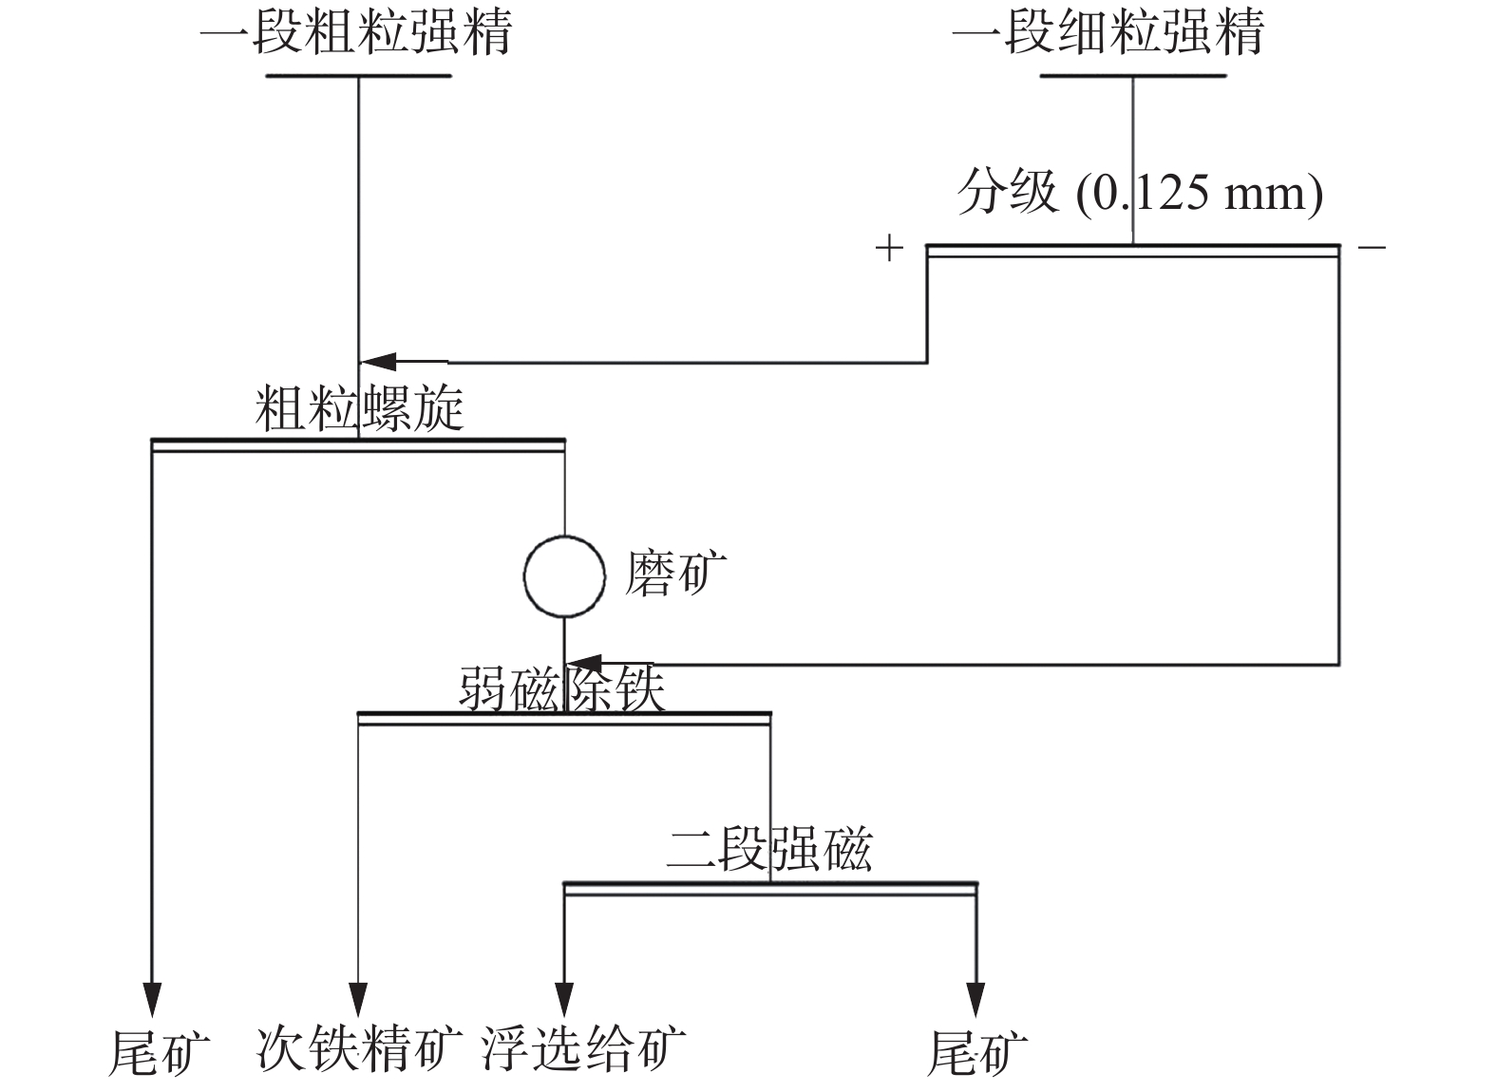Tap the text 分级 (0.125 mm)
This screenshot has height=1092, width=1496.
point(1139,193)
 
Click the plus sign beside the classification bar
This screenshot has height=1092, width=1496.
point(888,249)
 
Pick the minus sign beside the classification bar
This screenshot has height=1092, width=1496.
point(1372,249)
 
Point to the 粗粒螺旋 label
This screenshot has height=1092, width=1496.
point(359,408)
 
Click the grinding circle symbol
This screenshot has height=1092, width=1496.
point(564,576)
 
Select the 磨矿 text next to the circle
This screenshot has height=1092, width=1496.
point(675,574)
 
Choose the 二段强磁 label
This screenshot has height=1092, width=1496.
point(768,848)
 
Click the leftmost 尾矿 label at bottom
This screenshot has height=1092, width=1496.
point(159,1051)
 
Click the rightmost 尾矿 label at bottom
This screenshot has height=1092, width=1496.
point(976,1051)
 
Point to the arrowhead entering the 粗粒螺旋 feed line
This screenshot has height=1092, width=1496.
point(378,362)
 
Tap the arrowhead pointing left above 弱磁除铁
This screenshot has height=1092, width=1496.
point(584,664)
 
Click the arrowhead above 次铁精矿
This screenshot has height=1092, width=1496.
point(358,1000)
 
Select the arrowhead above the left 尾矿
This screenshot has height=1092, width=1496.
point(152,1000)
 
